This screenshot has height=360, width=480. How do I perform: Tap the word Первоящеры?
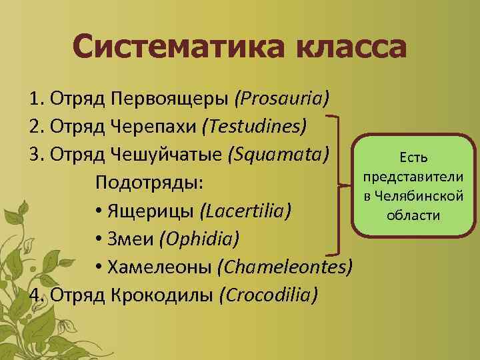click(x=169, y=99)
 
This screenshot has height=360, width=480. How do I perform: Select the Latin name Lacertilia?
click(x=246, y=211)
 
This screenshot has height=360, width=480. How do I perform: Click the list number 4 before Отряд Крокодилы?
click(x=34, y=294)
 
